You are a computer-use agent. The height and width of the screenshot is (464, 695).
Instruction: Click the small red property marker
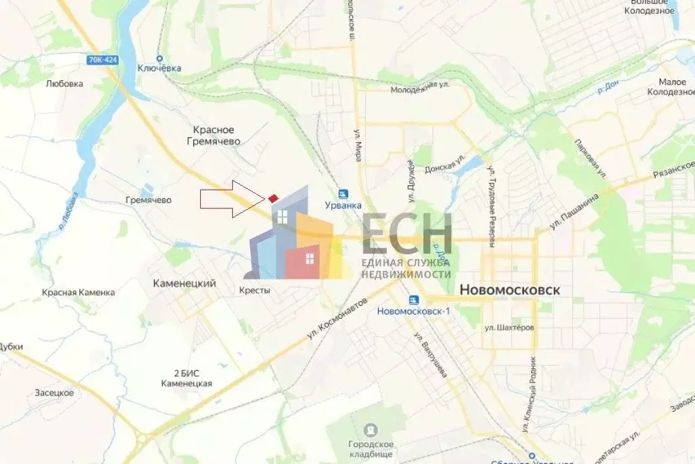273,198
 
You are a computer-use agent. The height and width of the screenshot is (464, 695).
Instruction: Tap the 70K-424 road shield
102,60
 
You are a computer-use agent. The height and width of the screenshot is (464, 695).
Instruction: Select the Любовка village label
64,84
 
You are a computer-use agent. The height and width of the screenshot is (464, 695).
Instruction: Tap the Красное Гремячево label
214,135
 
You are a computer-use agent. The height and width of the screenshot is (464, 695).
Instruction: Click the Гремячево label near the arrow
149,200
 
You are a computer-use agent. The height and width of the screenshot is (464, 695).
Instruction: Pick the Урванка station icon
343,193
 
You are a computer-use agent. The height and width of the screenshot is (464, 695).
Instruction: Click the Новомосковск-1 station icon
413,300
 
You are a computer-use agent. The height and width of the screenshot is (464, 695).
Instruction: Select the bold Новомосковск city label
510,289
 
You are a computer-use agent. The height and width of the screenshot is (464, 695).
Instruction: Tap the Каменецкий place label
184,283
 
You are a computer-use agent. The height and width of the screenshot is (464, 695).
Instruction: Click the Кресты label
255,290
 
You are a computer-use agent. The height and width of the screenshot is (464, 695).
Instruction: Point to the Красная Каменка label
78,292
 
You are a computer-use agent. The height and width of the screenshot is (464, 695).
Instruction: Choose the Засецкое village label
54,393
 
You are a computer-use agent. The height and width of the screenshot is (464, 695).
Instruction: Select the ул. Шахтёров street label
509,327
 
